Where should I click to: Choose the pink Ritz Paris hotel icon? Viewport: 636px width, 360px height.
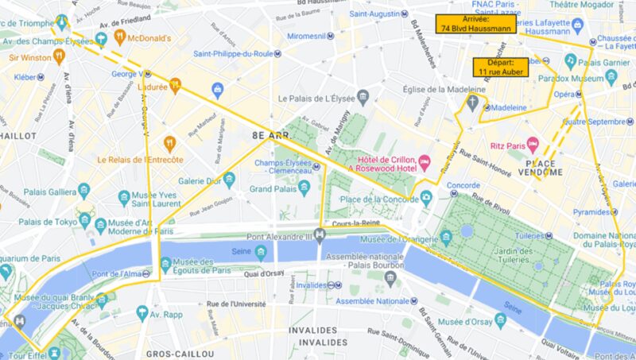[534, 145]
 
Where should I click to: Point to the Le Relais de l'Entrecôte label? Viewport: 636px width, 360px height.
[141, 159]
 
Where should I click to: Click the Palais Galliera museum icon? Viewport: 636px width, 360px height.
[83, 189]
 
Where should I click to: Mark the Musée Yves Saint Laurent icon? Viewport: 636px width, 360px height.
[124, 198]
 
